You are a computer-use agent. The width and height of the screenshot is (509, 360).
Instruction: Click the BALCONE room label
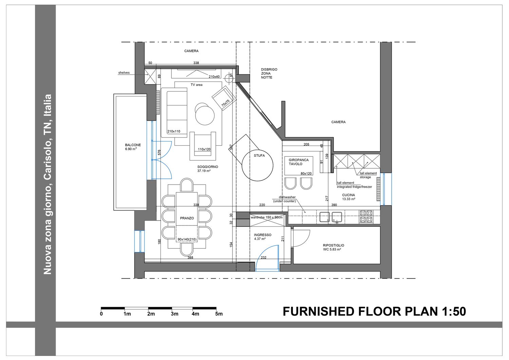click(x=133, y=145)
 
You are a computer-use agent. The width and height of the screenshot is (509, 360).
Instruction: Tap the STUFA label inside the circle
click(x=259, y=156)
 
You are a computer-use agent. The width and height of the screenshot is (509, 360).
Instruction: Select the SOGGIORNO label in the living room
click(x=208, y=167)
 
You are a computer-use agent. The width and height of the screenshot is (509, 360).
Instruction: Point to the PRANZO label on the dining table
click(x=187, y=218)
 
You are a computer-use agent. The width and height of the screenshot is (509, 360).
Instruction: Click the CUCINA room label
click(x=348, y=195)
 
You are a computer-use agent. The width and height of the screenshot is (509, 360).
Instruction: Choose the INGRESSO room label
click(x=263, y=235)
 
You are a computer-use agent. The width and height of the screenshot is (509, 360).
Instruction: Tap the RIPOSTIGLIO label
click(x=334, y=245)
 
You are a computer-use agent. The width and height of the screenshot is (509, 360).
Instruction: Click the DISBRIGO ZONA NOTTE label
click(x=269, y=73)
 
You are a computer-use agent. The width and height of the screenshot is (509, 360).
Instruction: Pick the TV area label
click(x=196, y=85)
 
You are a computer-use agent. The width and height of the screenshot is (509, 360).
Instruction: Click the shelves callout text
click(x=124, y=73)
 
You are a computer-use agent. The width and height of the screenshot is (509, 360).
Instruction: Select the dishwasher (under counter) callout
click(x=285, y=199)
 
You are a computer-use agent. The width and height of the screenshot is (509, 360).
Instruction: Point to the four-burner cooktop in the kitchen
click(x=366, y=216)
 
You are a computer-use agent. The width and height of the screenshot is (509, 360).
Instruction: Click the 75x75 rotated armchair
click(x=224, y=98)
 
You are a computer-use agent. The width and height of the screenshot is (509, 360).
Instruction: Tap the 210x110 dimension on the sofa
click(x=174, y=131)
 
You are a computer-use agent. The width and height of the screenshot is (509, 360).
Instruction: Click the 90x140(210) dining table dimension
click(x=187, y=239)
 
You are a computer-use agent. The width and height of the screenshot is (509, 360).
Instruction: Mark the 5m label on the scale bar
click(x=219, y=314)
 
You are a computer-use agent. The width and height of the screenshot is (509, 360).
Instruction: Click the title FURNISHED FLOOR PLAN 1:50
click(x=374, y=311)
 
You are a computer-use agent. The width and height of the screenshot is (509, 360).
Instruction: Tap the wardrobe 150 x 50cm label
click(x=267, y=217)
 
